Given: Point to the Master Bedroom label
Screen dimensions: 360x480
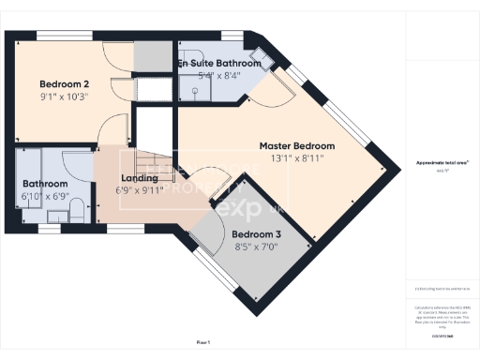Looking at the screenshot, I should tap(297, 146).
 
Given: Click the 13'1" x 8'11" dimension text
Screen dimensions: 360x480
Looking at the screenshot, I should tap(297, 159).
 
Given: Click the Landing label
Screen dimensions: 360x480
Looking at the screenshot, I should tap(139, 177).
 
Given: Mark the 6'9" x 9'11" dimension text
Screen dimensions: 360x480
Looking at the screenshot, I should tap(139, 190).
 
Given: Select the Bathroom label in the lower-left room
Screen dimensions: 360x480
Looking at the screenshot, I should tap(45, 184).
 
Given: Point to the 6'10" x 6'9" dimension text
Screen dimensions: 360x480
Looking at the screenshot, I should tap(45, 197).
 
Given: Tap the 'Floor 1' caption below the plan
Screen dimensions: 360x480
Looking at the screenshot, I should tap(203, 343).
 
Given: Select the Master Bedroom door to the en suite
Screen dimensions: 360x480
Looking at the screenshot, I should tap(277, 89).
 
